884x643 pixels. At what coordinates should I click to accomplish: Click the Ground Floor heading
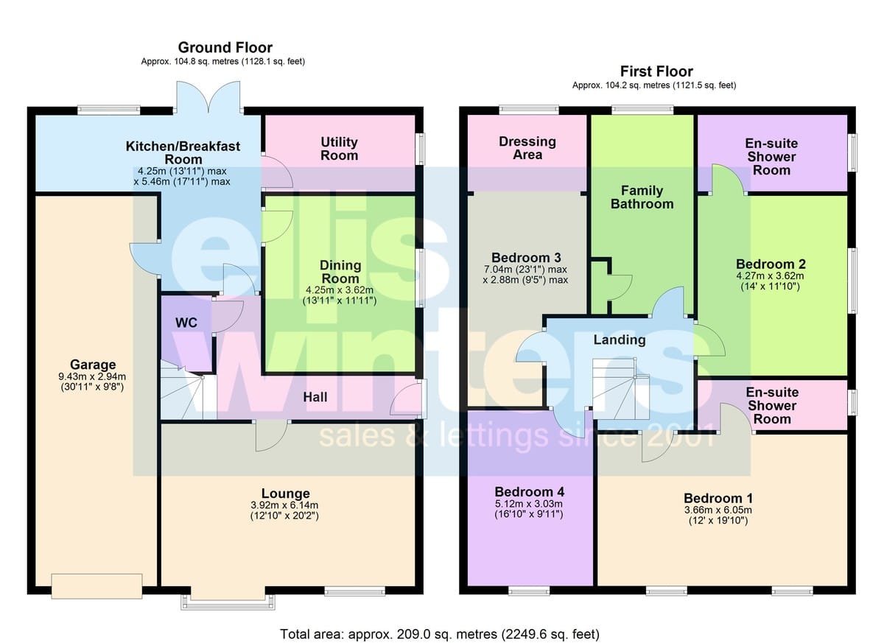[225, 47]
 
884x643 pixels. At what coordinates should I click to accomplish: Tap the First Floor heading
[656, 71]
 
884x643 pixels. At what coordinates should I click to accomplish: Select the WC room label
[186, 323]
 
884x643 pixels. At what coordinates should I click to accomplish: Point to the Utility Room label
[339, 148]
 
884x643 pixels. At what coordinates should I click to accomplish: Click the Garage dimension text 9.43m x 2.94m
[92, 376]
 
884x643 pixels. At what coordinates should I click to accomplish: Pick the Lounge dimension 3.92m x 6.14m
[284, 505]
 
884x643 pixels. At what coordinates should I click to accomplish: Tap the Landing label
[620, 340]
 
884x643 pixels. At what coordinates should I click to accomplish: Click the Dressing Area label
[527, 148]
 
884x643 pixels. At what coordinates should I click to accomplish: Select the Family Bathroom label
[642, 197]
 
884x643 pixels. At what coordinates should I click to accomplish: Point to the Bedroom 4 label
[529, 491]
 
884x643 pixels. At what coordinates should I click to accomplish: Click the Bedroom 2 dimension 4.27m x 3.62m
[770, 275]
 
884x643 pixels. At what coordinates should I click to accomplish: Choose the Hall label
[315, 397]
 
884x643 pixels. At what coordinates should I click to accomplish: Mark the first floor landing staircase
[621, 389]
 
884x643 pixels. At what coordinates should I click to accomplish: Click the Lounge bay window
[228, 601]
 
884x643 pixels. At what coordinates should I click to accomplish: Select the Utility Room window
[422, 149]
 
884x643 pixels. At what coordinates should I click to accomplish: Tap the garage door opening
[97, 586]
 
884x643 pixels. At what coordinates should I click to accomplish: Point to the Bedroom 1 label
[718, 498]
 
